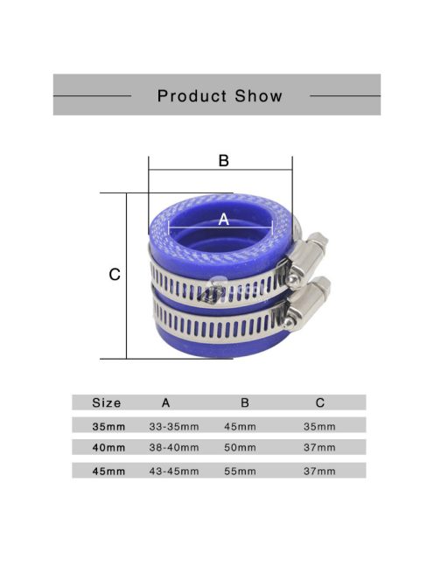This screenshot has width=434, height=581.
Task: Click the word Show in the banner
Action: click(x=255, y=95)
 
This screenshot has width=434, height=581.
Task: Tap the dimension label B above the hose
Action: click(x=223, y=161)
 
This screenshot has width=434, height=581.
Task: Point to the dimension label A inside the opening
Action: click(x=222, y=220)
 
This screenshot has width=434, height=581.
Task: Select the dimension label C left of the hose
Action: click(x=114, y=275)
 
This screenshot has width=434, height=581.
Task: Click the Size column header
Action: click(x=107, y=403)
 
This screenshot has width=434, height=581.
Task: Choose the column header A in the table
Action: click(x=166, y=403)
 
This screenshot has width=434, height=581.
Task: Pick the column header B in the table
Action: click(x=245, y=403)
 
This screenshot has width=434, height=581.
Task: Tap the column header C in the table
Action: click(x=320, y=403)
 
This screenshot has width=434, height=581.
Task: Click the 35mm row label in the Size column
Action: click(x=108, y=426)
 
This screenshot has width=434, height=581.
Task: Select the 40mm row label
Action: click(x=108, y=447)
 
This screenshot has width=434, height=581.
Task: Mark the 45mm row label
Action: click(x=108, y=471)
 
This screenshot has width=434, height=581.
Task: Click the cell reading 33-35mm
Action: click(x=175, y=426)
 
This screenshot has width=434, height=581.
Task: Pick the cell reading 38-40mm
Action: click(x=175, y=447)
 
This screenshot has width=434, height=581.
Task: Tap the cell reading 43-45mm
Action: click(x=175, y=471)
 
